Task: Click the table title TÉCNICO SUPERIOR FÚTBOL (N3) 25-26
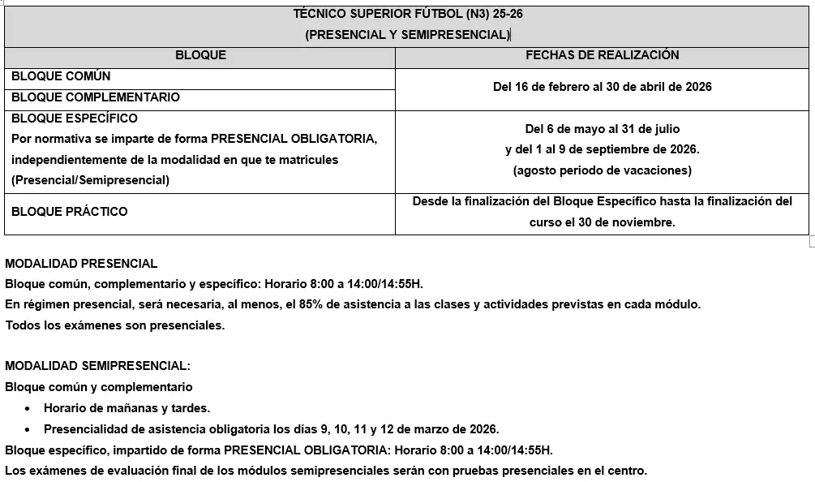click(407, 14)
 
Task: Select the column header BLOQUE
click(200, 55)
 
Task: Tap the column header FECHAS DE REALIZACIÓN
click(602, 55)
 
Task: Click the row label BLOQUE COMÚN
click(62, 76)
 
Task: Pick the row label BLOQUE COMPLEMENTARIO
click(96, 97)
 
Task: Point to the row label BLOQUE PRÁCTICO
click(70, 212)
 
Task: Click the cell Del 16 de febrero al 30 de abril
click(602, 87)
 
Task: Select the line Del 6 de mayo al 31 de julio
click(602, 129)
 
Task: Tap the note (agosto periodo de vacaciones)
click(602, 170)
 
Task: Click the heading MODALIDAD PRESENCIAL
click(81, 264)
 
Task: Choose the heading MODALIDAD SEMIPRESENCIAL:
click(98, 366)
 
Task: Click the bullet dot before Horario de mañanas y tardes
click(28, 409)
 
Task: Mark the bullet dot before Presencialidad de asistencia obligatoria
click(28, 429)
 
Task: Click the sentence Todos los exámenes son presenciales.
click(114, 325)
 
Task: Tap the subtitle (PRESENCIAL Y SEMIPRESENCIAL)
click(407, 35)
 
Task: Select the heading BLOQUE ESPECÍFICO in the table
click(75, 118)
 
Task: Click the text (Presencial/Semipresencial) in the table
click(90, 181)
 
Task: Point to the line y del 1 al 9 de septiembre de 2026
click(602, 150)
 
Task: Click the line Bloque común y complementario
click(99, 387)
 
